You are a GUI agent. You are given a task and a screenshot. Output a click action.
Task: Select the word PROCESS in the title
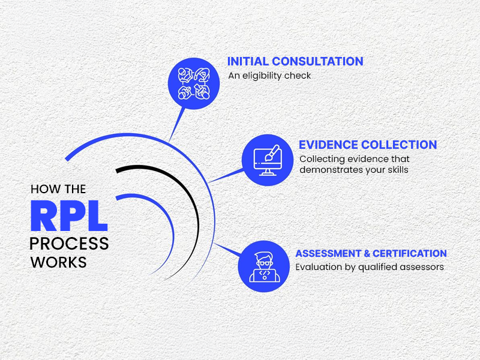pyautogui.click(x=69, y=244)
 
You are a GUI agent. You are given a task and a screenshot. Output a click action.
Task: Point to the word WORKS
pyautogui.click(x=58, y=262)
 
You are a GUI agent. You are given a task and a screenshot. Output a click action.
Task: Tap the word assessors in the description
pyautogui.click(x=423, y=267)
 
